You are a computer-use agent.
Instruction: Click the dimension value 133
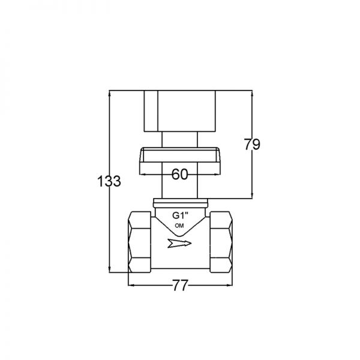tap(109, 181)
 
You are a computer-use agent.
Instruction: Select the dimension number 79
tap(252, 145)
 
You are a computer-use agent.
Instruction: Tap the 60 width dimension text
tap(180, 174)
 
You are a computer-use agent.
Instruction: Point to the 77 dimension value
tap(180, 286)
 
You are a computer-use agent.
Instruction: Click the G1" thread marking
tap(180, 215)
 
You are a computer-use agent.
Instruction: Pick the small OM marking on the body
tap(179, 226)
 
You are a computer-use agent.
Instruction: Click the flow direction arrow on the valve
tap(179, 244)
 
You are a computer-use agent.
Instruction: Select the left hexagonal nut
tap(140, 242)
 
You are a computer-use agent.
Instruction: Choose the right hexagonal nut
tap(221, 242)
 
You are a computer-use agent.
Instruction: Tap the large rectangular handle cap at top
tap(180, 111)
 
